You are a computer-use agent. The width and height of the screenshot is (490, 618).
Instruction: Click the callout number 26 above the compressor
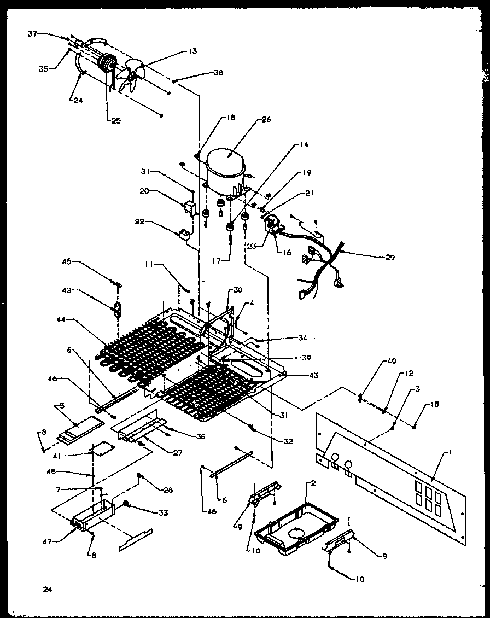(x=267, y=119)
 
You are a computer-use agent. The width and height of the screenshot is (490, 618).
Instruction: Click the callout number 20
(x=144, y=191)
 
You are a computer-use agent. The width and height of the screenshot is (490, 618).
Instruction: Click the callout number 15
(x=434, y=404)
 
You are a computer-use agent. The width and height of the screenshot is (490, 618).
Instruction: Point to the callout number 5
(x=62, y=406)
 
